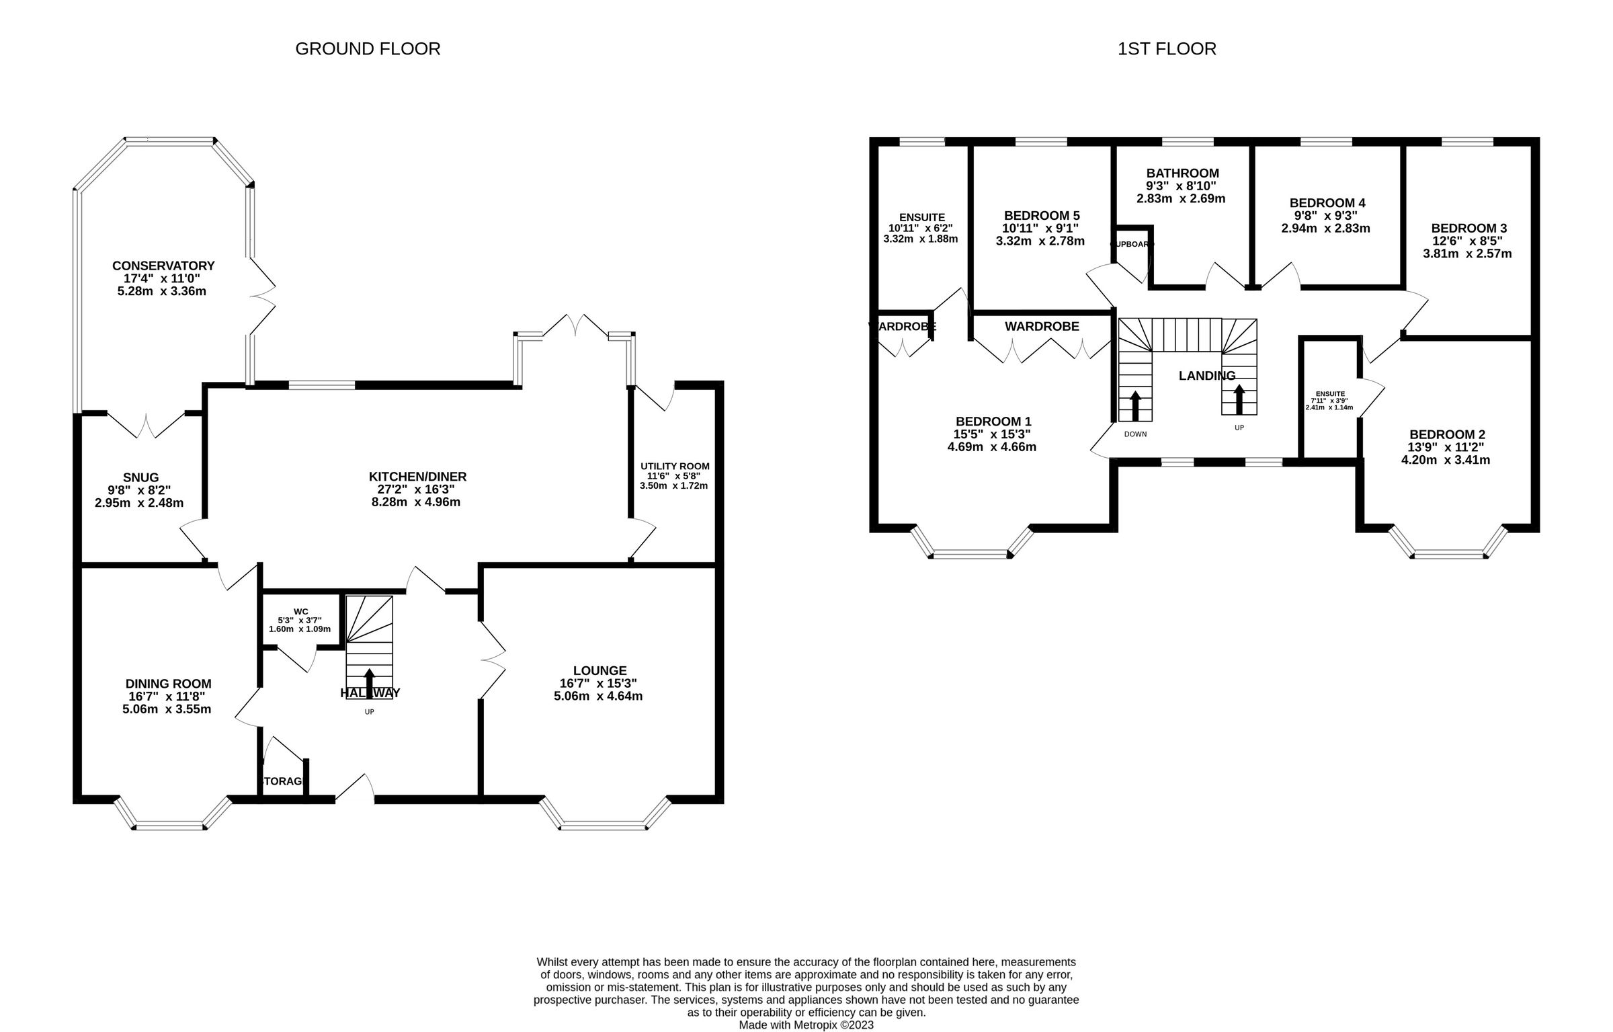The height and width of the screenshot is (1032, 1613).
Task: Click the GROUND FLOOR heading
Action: [368, 49]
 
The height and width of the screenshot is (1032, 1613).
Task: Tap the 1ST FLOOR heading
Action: [1167, 49]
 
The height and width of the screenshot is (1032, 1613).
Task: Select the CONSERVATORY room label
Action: [163, 266]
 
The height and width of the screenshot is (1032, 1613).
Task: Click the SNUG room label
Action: [140, 477]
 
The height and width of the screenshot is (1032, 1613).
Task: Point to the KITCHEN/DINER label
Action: [417, 477]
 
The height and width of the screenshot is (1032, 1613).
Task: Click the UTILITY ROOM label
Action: [674, 466]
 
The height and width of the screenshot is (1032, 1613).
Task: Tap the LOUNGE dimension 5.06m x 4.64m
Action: [597, 696]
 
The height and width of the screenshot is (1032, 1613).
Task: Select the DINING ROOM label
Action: [168, 684]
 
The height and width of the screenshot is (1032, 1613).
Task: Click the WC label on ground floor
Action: [300, 611]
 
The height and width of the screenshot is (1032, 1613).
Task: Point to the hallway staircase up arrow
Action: [369, 680]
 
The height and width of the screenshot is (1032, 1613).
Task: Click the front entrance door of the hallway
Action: [355, 789]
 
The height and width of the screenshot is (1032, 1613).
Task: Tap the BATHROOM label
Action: [1182, 173]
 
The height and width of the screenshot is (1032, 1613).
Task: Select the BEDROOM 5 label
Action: [1042, 215]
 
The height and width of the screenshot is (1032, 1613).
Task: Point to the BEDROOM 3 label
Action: [1469, 228]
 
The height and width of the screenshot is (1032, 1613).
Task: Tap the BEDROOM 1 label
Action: [993, 421]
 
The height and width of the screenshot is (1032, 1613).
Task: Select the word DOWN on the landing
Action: [1135, 434]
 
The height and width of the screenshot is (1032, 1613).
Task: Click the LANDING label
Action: [1207, 376]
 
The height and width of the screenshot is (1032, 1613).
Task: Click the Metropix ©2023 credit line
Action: [806, 1025]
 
